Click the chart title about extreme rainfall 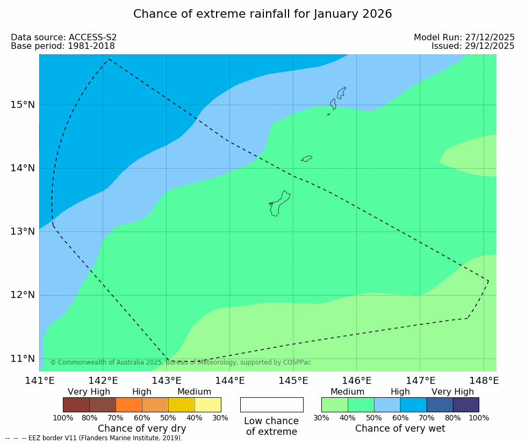pos(262,14)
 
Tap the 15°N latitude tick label pos(23,104)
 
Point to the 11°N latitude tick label pos(23,358)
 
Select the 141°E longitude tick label pos(39,381)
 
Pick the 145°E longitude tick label pos(293,381)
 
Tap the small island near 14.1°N pos(307,158)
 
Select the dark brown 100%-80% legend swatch pos(76,404)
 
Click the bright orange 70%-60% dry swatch pos(128,404)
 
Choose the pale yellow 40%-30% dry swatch pos(207,404)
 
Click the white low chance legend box pos(271,404)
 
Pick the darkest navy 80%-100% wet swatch pos(465,404)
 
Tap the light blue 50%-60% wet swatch pos(386,404)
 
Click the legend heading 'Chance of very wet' pos(400,428)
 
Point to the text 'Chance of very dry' pos(142,428)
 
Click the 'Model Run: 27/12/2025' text pos(464,38)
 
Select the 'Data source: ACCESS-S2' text pos(63,38)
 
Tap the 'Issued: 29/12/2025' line pos(473,46)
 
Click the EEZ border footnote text pos(94,438)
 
